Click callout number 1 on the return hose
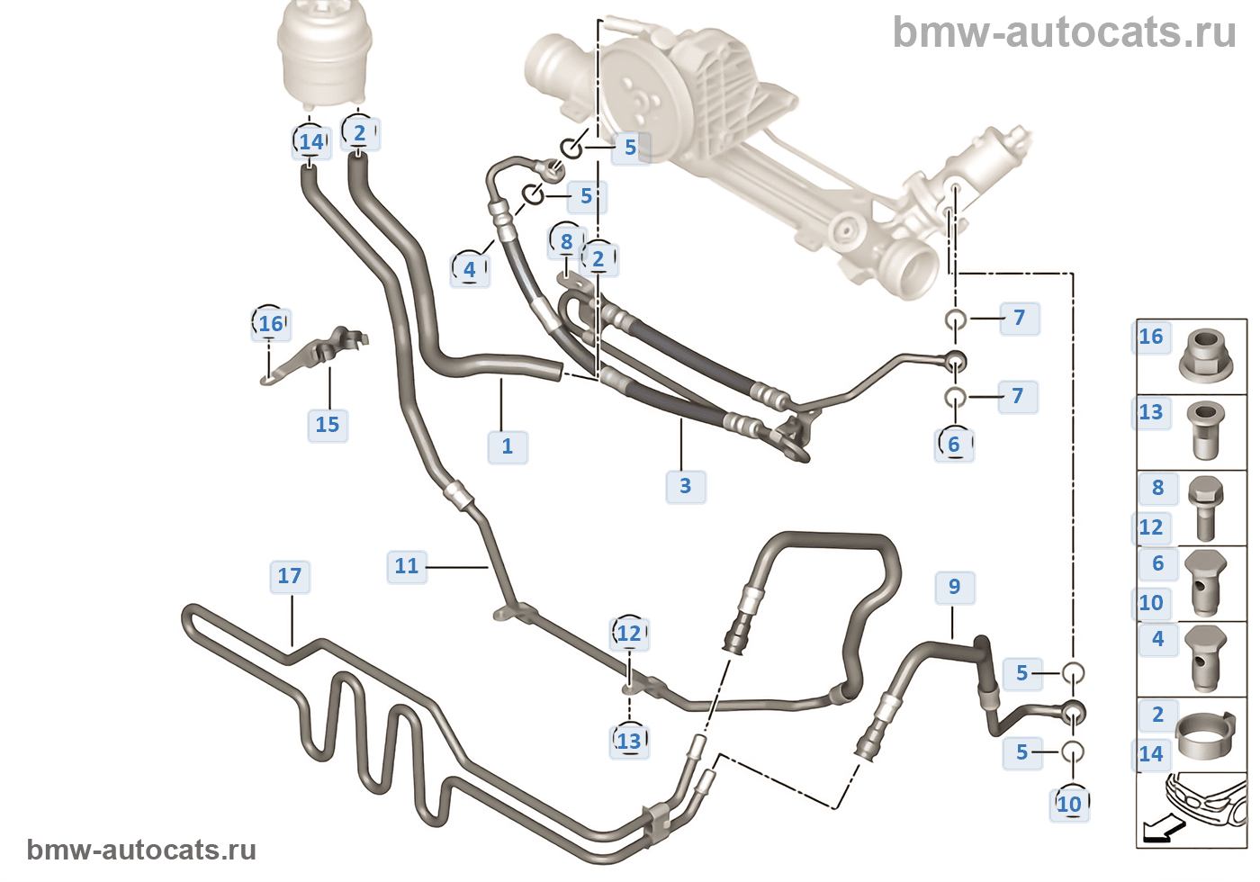click(x=508, y=446)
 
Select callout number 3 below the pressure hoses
click(x=686, y=486)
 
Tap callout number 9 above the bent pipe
click(x=954, y=587)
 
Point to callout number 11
click(x=407, y=566)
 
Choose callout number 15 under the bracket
click(x=328, y=425)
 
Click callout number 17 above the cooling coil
click(x=290, y=576)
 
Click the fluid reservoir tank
click(x=325, y=54)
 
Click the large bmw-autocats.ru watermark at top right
click(x=1064, y=32)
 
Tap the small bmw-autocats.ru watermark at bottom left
click(x=141, y=850)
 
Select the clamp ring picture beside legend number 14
click(x=1205, y=735)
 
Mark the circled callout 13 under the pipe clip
click(x=629, y=742)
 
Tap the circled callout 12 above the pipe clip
click(x=629, y=634)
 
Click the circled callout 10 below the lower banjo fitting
click(x=1069, y=804)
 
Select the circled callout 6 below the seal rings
click(x=954, y=445)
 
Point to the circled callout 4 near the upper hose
click(x=470, y=269)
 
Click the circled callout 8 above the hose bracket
click(x=566, y=241)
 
